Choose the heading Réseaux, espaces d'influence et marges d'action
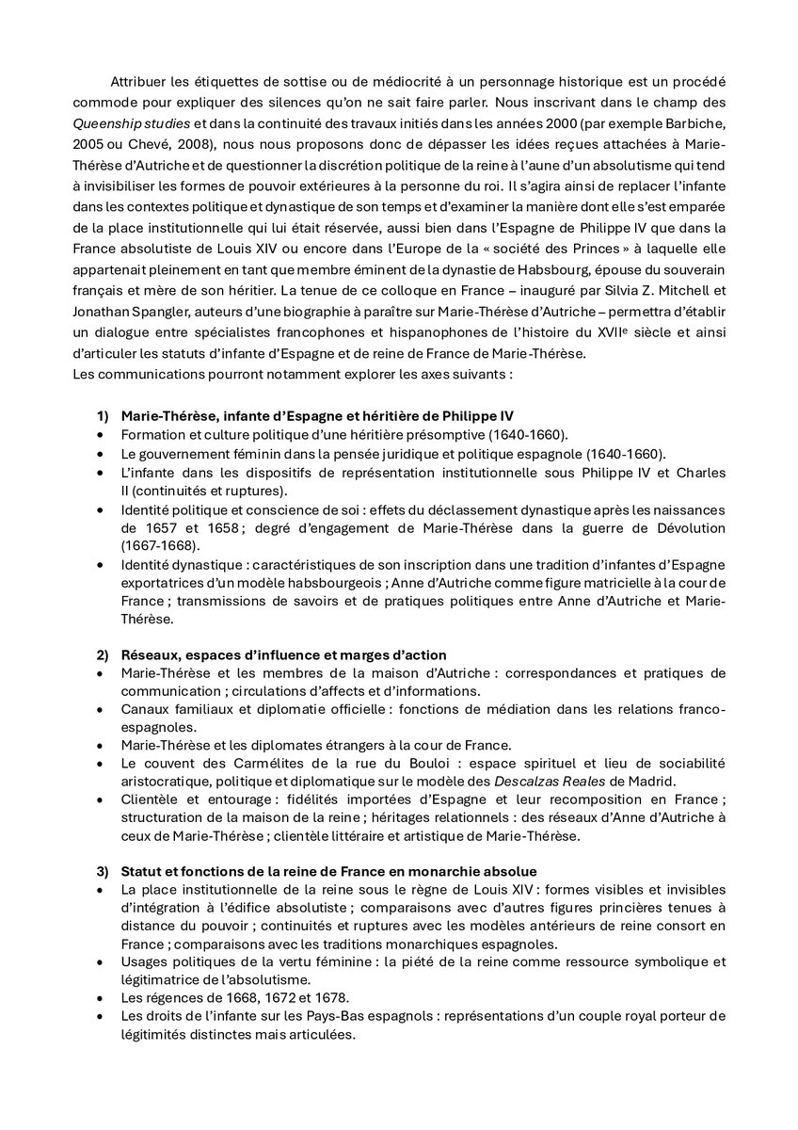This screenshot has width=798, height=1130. tap(283, 654)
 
